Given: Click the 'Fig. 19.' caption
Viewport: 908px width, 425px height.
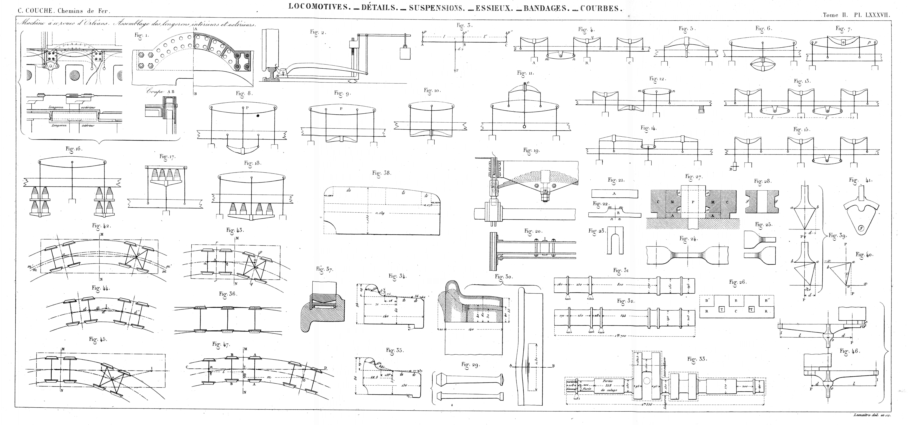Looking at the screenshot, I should point(532,150).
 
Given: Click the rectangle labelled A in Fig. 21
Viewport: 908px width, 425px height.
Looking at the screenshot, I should point(614,194).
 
